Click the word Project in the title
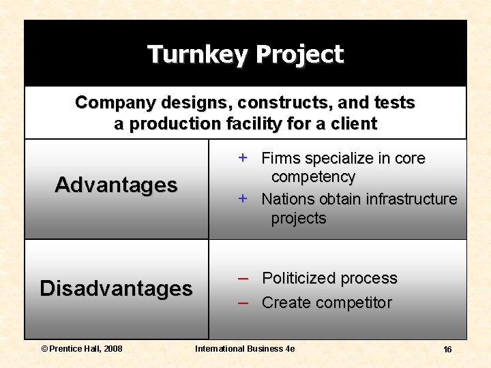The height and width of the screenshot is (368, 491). pyautogui.click(x=301, y=54)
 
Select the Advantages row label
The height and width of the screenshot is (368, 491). pyautogui.click(x=116, y=185)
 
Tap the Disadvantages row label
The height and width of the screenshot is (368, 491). pyautogui.click(x=116, y=288)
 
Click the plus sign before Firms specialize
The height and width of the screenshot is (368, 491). pyautogui.click(x=242, y=157)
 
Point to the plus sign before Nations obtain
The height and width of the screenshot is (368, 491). pyautogui.click(x=242, y=198)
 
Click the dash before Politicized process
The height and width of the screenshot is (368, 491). pyautogui.click(x=243, y=278)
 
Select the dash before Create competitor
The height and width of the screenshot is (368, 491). pyautogui.click(x=243, y=303)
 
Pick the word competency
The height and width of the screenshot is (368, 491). pyautogui.click(x=313, y=177)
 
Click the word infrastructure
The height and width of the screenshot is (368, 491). pyautogui.click(x=411, y=199)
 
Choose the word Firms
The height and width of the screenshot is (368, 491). pyautogui.click(x=280, y=158)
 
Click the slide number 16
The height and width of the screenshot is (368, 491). pyautogui.click(x=447, y=350)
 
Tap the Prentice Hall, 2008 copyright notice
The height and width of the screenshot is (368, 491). pyautogui.click(x=81, y=349)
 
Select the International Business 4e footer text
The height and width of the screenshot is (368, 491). pyautogui.click(x=245, y=349)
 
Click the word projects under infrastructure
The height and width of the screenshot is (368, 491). pyautogui.click(x=299, y=219)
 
